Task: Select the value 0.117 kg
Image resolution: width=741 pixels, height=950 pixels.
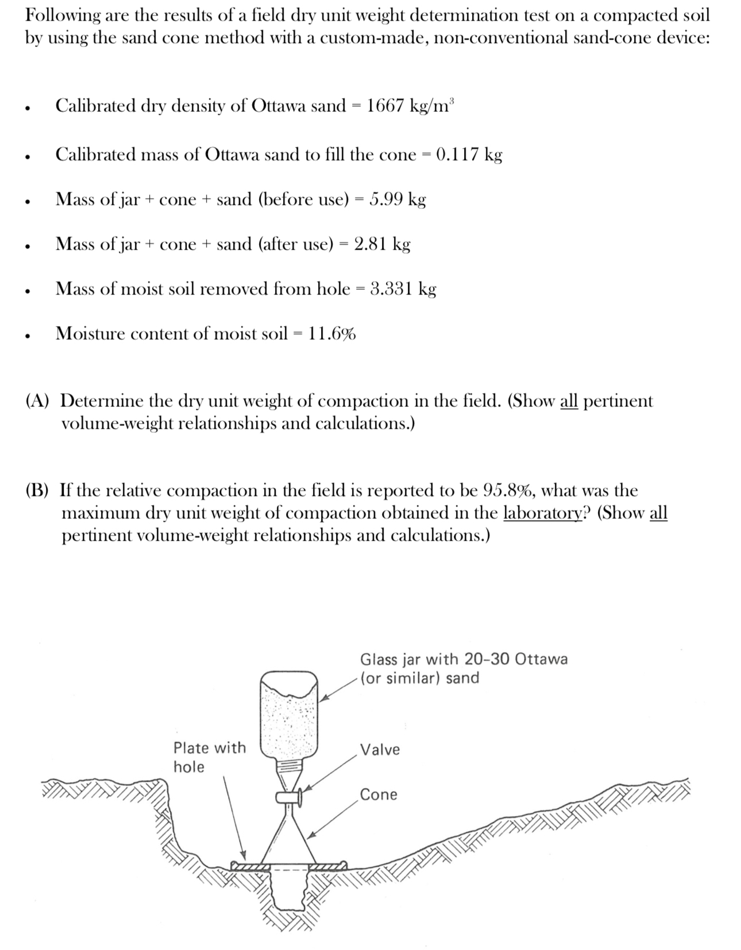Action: pos(469,155)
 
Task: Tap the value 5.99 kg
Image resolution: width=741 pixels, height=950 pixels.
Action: pos(397,200)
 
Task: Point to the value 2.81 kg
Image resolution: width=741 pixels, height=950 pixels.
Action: pos(382,245)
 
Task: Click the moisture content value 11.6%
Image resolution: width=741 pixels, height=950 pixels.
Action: pos(331,334)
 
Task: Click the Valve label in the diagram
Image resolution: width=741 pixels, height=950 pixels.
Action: pos(380,750)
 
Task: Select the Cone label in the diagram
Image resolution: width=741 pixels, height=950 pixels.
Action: pos(379,795)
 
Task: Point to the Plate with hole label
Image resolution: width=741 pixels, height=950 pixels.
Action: pos(209,757)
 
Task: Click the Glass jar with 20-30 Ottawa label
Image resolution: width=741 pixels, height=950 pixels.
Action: pos(464,659)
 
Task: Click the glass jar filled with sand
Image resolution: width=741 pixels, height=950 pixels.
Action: pos(289,715)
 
